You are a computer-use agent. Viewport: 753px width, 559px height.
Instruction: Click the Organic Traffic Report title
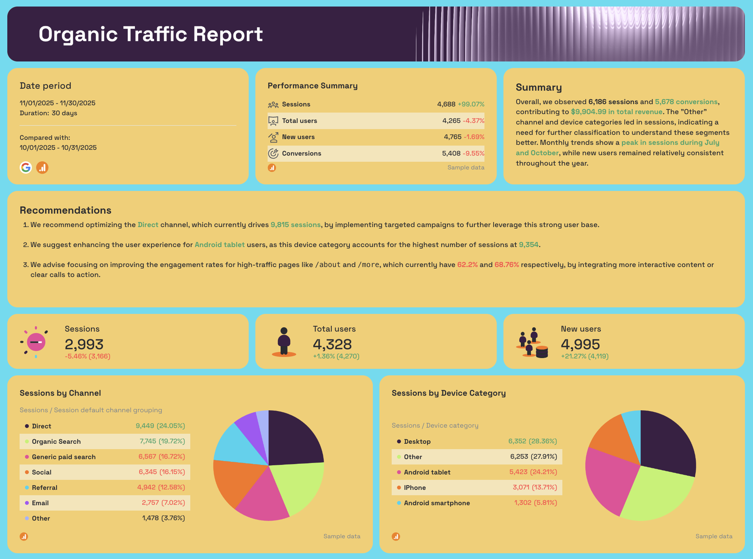pos(151,34)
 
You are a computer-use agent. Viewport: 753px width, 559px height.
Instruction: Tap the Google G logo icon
pos(26,168)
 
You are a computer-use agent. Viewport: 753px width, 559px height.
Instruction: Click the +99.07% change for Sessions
pos(471,104)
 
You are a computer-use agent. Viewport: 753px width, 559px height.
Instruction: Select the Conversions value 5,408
pos(451,153)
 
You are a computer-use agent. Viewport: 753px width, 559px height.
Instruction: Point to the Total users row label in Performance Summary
pos(299,121)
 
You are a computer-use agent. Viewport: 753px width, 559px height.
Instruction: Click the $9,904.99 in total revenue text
pos(617,112)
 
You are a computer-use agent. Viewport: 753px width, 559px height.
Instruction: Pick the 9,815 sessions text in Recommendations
pos(295,225)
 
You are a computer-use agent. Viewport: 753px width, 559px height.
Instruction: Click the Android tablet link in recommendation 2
pos(219,245)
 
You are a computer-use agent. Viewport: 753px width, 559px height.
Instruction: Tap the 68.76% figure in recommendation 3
pos(506,265)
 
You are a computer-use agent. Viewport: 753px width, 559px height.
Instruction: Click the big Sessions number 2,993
pos(84,344)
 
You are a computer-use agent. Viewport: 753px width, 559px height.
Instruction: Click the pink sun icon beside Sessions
pos(35,342)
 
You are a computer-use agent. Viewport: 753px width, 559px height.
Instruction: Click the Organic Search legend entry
pos(56,441)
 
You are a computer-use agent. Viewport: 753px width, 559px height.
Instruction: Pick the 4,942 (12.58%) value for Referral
pos(161,488)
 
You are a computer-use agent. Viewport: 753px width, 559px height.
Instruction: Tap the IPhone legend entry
pos(415,488)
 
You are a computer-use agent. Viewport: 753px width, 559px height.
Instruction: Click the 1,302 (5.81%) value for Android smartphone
pos(535,503)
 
